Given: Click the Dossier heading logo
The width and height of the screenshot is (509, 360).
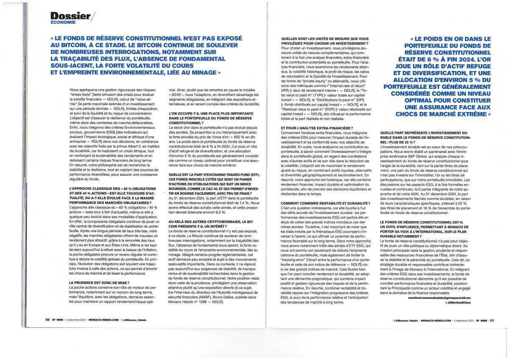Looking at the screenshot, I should (x=70, y=16).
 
